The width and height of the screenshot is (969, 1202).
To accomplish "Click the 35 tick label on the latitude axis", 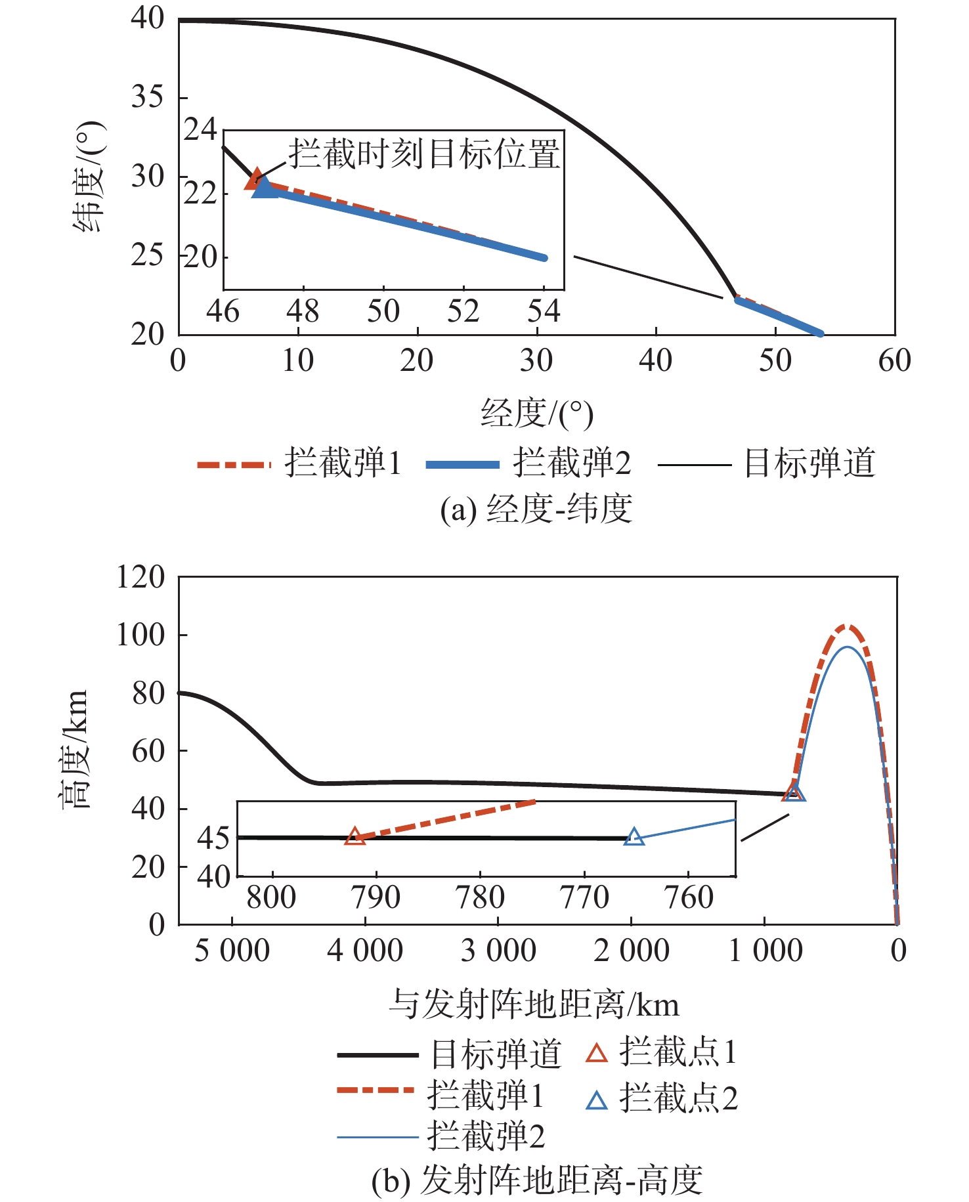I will click(147, 97).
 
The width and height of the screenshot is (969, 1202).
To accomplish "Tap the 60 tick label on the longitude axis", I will click(894, 360).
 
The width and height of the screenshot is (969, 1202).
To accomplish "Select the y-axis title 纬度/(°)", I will click(89, 177).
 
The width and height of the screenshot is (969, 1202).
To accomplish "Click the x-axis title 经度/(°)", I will click(536, 414).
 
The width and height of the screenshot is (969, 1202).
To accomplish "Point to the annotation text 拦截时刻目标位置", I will click(424, 154).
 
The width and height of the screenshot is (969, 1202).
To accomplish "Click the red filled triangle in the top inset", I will click(255, 179).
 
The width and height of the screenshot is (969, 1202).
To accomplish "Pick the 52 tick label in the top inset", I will click(463, 311).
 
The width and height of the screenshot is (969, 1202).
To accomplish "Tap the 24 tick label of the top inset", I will click(200, 130).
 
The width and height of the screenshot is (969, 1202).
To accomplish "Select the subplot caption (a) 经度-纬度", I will click(536, 509).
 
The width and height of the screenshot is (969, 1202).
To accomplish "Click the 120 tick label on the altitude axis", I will click(140, 578).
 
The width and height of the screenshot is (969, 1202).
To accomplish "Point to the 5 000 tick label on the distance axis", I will click(232, 951).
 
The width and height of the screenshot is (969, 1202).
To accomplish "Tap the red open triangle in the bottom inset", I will click(355, 836).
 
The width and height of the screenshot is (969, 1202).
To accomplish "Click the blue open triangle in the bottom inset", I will click(634, 837).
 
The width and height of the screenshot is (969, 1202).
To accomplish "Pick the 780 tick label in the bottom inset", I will click(480, 897).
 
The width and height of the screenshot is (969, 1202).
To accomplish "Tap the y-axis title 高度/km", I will click(75, 750).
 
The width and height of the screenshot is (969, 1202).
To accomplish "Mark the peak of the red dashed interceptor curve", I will click(847, 626).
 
